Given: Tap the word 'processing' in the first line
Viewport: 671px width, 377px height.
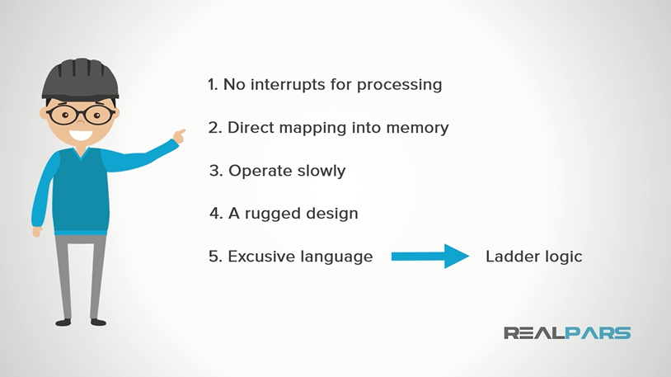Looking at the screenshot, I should tap(401, 86).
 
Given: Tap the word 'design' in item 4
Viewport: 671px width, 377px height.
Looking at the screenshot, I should tap(331, 214).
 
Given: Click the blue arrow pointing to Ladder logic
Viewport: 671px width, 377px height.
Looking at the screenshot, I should tap(429, 256).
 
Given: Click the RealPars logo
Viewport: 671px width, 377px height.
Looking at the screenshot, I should tap(566, 333).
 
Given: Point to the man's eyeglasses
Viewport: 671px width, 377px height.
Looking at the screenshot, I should tap(80, 115).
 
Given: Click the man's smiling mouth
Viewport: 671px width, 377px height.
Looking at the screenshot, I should tap(80, 134).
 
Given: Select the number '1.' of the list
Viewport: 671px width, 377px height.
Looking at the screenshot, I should tap(213, 85).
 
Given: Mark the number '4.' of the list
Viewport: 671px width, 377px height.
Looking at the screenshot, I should tap(214, 214).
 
